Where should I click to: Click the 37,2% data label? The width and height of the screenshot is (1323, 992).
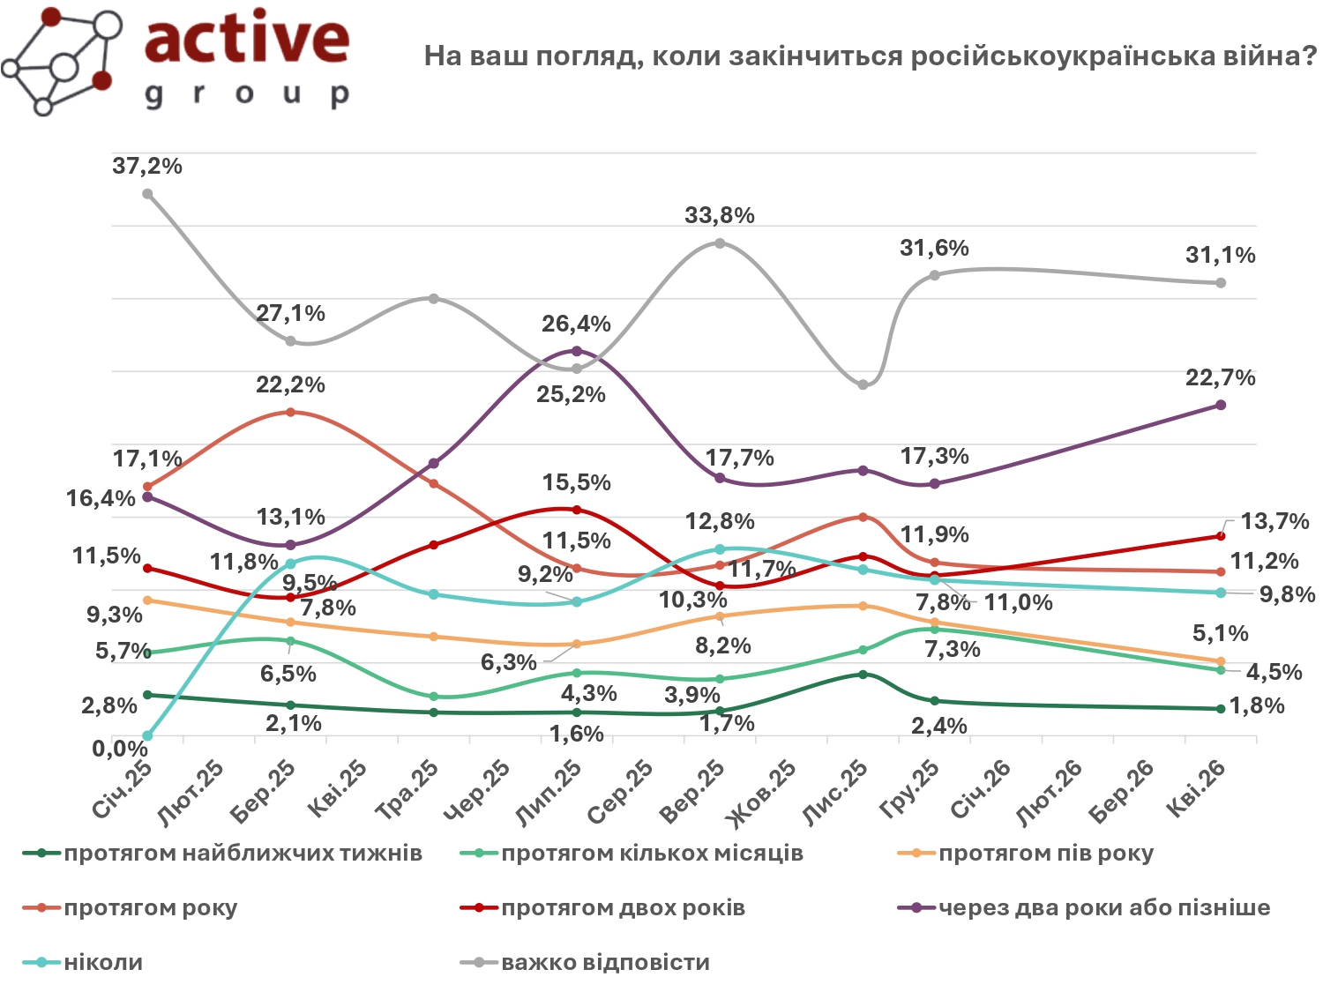point(147,166)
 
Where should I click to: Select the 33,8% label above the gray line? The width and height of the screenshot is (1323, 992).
point(720,215)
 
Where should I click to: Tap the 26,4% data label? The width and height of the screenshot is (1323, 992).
point(576,324)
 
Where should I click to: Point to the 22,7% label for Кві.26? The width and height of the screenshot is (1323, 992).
point(1221,377)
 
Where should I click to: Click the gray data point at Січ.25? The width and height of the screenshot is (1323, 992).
point(148,194)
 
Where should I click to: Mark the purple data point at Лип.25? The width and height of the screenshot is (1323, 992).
point(577,351)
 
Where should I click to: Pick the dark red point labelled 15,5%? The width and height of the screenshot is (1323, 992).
point(577,510)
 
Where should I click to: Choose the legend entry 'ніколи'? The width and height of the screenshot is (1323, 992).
point(103,962)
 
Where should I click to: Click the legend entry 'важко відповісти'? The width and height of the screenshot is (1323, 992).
point(605,962)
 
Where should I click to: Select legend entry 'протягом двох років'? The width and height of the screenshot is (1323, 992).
point(623,908)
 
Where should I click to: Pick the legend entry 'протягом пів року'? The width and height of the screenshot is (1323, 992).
point(1045,854)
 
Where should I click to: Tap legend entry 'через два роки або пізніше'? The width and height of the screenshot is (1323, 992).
point(1103,908)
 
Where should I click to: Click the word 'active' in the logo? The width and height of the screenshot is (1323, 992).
point(247,40)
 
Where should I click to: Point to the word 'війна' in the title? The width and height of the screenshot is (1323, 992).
point(1271,56)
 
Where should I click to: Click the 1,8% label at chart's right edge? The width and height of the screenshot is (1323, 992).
point(1256,705)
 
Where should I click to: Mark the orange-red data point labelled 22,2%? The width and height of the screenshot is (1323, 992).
point(291,412)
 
